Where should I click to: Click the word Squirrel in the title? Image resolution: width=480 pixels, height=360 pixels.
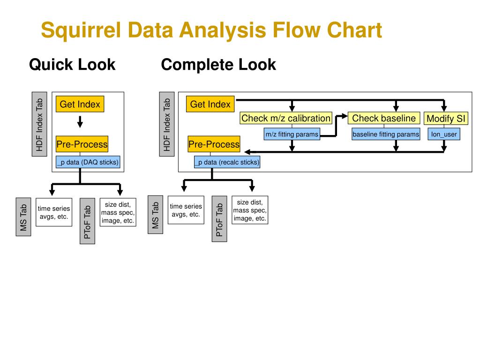(x=81, y=30)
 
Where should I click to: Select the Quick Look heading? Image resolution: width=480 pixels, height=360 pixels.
(x=72, y=65)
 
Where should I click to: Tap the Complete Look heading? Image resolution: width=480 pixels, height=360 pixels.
(x=218, y=65)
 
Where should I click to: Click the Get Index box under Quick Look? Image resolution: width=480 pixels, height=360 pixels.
(x=80, y=104)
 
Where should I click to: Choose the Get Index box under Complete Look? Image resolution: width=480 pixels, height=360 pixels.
(x=210, y=104)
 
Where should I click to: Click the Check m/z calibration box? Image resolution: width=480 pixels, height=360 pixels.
(x=286, y=118)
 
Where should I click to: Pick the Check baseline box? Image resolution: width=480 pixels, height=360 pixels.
(x=384, y=118)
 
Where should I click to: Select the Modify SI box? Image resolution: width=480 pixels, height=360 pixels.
(x=446, y=119)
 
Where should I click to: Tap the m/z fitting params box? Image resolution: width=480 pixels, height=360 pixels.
(x=292, y=134)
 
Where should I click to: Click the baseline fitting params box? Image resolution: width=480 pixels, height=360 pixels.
(x=386, y=134)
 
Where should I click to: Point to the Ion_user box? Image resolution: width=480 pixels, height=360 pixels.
(x=444, y=134)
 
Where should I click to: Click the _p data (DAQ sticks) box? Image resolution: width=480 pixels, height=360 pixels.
(x=88, y=162)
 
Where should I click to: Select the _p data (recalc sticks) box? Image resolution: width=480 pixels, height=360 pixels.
(x=227, y=162)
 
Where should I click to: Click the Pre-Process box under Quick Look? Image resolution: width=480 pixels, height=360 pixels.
(x=82, y=144)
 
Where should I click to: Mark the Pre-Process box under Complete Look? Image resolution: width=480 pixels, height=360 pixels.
(x=214, y=144)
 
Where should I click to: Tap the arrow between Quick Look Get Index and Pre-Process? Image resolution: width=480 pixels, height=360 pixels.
(x=80, y=122)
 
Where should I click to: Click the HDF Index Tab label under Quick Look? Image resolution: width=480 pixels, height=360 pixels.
(x=39, y=124)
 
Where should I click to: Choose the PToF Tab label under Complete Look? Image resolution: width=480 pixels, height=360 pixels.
(x=219, y=219)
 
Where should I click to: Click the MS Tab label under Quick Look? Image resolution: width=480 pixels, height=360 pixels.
(x=23, y=217)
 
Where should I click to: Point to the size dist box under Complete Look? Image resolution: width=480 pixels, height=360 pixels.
(x=250, y=210)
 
